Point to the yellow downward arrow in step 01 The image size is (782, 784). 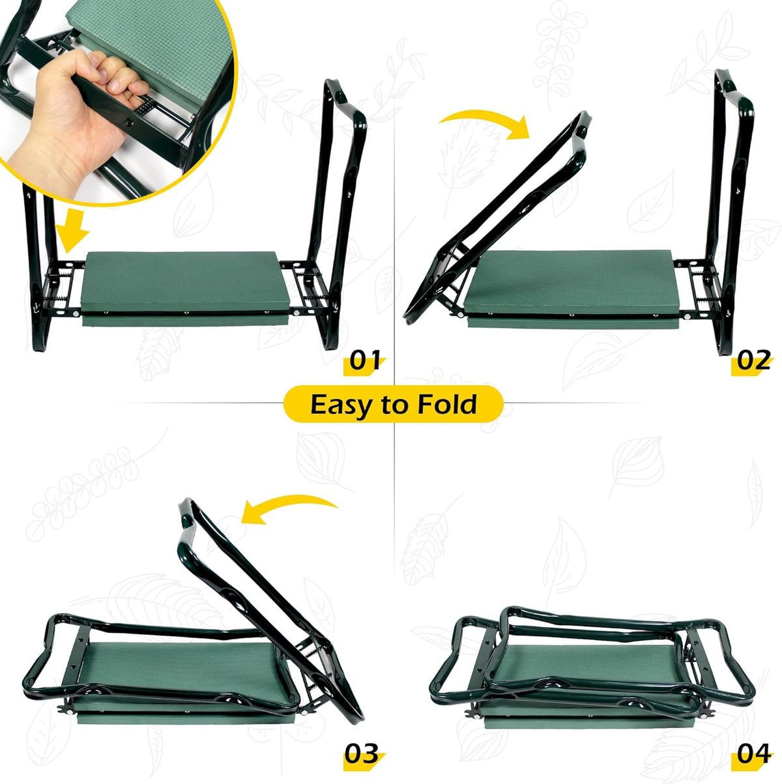point(72,229)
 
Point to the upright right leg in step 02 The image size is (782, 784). point(729,212)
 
